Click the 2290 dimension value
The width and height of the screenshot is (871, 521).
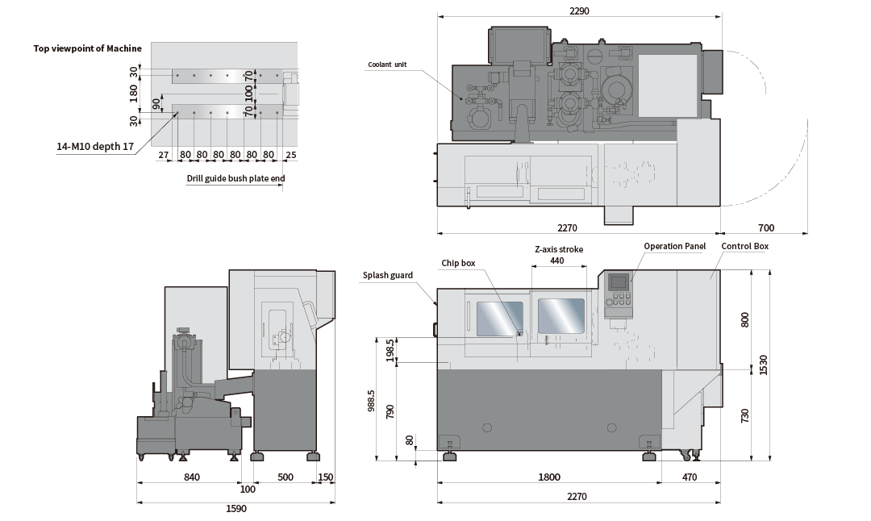pos(579,10)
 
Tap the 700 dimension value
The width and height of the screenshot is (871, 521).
pos(766,227)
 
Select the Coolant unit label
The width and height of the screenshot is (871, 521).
pos(387,65)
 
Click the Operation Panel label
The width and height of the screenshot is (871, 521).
pos(675,246)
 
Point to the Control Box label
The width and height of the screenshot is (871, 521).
pos(745,246)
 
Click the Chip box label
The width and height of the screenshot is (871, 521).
pos(458,263)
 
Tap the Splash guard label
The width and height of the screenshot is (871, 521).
pos(388,275)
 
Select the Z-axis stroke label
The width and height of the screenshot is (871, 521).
pos(559,249)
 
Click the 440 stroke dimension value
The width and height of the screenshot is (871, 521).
pos(556,260)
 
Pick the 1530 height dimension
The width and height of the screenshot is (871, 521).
pos(763,365)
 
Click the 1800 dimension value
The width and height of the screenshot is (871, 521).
pos(549,477)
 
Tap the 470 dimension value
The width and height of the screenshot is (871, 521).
pos(690,477)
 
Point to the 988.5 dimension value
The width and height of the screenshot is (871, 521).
pos(371,401)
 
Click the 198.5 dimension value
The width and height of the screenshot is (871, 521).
pos(390,351)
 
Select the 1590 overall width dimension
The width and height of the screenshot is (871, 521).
pos(236,508)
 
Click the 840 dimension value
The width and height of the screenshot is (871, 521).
pos(192,477)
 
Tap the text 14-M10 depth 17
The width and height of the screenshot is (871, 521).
pos(95,147)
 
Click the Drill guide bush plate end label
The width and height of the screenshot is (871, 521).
pos(235,178)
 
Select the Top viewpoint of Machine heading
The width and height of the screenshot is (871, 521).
pos(87,48)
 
